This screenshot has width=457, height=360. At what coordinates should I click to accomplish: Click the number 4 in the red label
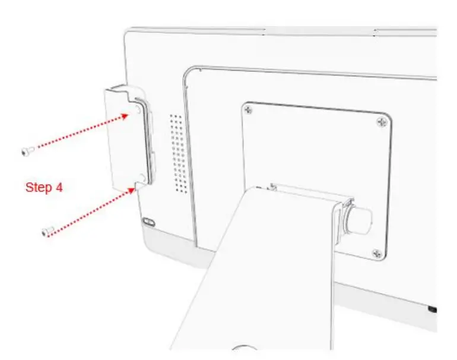click(59, 188)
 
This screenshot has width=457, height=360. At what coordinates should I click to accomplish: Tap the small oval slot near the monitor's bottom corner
click(148, 222)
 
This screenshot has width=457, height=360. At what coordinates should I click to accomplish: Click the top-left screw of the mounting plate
click(248, 110)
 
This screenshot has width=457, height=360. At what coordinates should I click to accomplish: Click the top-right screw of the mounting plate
click(381, 122)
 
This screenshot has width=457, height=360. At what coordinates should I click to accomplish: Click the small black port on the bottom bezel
click(432, 310)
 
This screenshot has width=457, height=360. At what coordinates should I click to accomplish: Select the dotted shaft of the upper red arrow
click(80, 131)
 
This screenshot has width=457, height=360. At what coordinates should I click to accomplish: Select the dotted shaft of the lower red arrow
click(89, 211)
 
